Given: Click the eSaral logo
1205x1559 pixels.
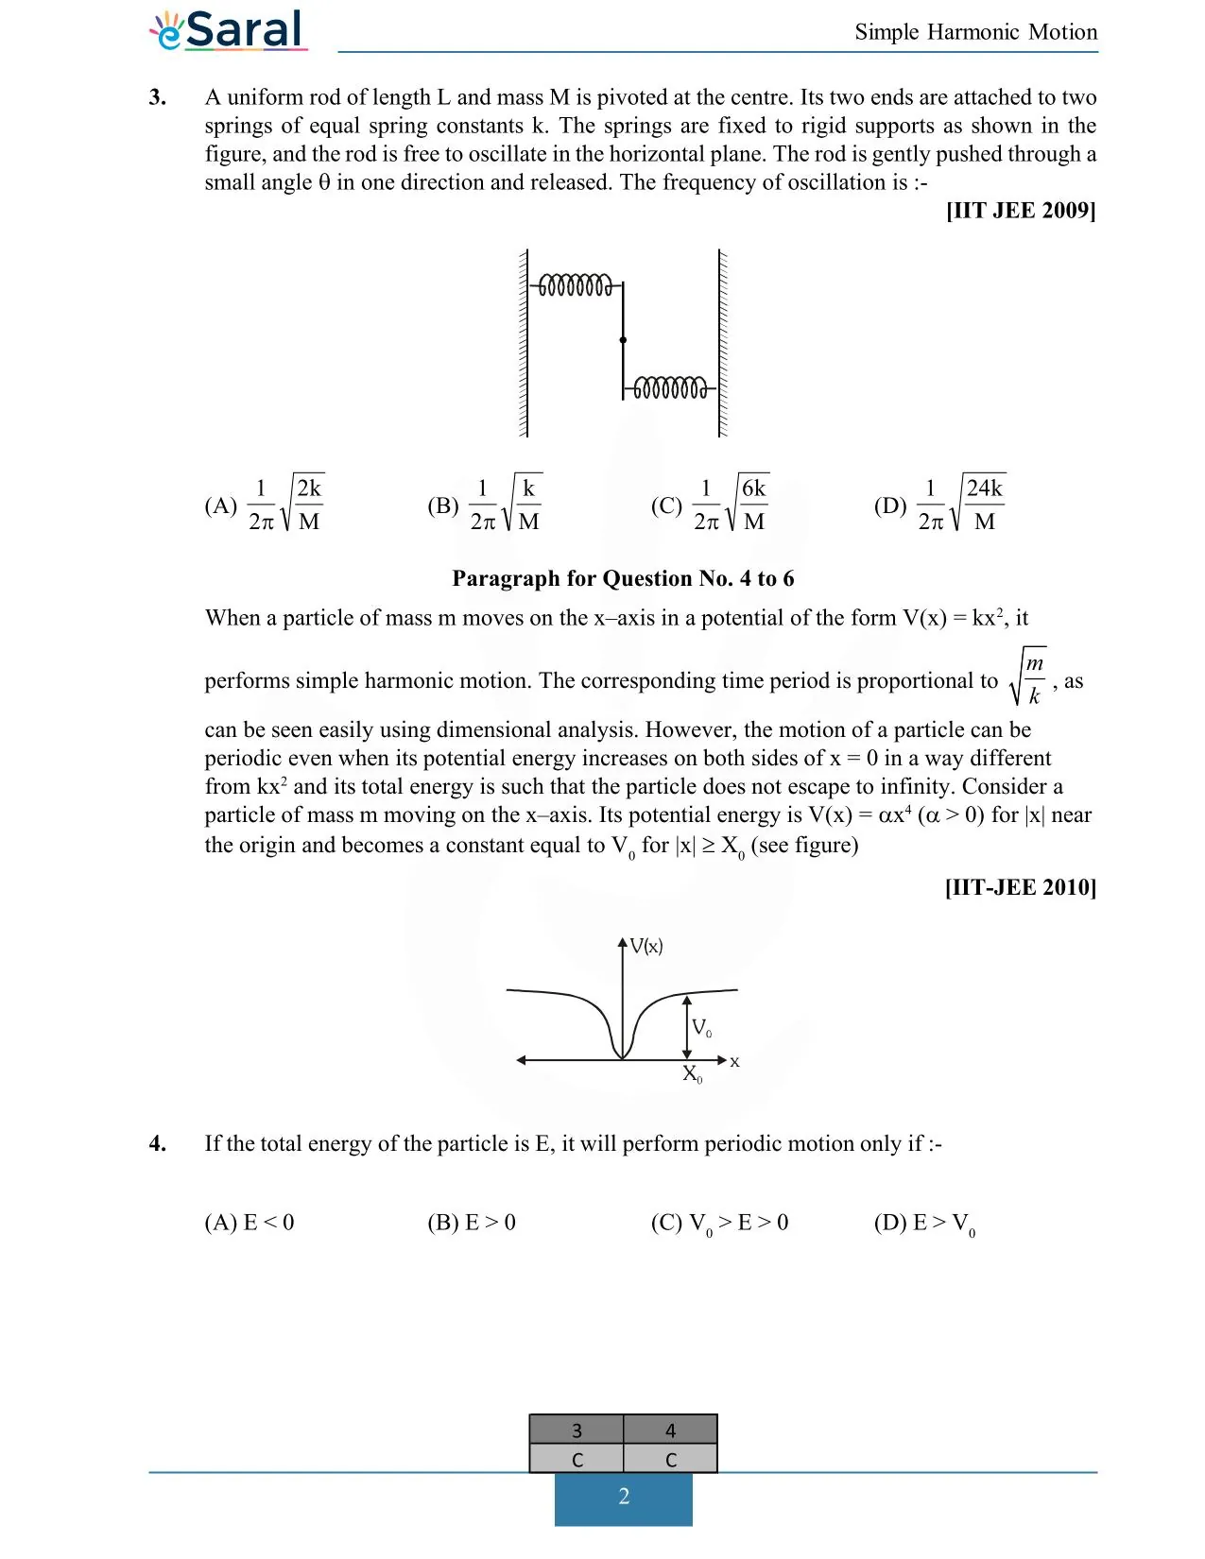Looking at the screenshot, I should [228, 30].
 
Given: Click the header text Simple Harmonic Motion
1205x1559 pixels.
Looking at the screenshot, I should [975, 32].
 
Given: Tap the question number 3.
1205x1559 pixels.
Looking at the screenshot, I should [158, 97].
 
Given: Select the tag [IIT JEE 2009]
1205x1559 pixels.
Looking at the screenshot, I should [1020, 211].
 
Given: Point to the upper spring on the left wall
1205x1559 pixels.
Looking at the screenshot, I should [575, 284].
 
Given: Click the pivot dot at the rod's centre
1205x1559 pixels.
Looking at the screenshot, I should [623, 340].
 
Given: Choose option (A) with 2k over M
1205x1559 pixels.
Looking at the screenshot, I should [266, 505].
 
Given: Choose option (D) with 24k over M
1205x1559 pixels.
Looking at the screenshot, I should [939, 505].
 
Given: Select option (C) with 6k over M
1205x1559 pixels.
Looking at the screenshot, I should [710, 505].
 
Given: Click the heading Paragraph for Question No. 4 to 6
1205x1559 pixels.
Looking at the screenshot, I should [623, 578].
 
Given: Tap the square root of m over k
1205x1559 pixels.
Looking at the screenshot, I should [1028, 678].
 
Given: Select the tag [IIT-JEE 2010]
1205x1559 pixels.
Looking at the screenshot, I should [1020, 887].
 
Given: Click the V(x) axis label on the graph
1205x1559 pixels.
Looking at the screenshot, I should [646, 946].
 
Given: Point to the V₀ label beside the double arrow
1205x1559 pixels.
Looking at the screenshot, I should [701, 1028].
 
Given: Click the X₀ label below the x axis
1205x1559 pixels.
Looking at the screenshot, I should [693, 1074].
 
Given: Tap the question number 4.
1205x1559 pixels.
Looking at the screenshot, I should [158, 1144].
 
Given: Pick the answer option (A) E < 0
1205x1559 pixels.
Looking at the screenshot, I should [250, 1223].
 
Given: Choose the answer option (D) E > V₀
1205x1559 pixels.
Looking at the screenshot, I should [924, 1224].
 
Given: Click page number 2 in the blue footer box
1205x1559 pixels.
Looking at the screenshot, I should [624, 1497].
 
